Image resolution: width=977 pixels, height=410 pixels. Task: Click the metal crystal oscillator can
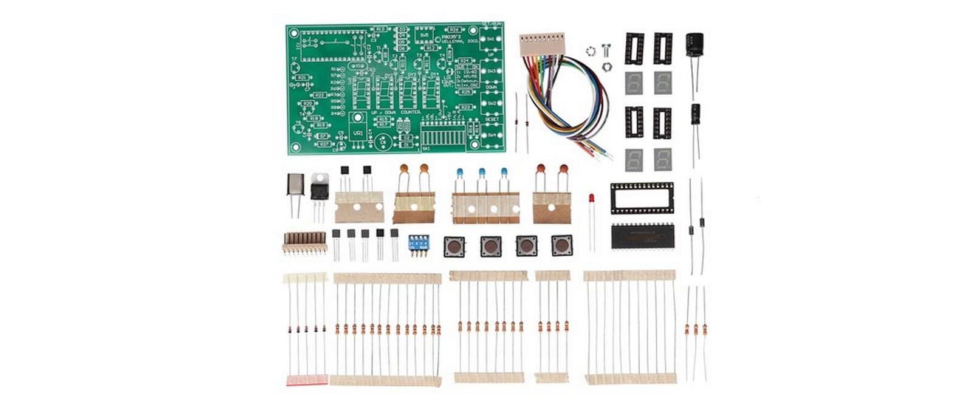(295, 184)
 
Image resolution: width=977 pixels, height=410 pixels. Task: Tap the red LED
(591, 199)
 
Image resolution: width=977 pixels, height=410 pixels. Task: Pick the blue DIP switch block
(417, 243)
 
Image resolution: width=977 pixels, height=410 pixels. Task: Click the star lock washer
(590, 51)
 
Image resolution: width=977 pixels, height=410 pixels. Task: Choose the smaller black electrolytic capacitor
(696, 116)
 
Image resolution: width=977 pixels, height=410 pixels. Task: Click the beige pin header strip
(304, 241)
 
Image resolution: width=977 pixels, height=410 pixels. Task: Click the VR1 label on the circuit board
(358, 132)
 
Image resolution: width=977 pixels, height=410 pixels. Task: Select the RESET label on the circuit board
(492, 120)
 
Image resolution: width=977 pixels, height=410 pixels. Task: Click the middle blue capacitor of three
(482, 173)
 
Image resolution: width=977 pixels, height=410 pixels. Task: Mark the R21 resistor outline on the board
(303, 78)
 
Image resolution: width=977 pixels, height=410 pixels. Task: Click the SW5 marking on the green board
(425, 35)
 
